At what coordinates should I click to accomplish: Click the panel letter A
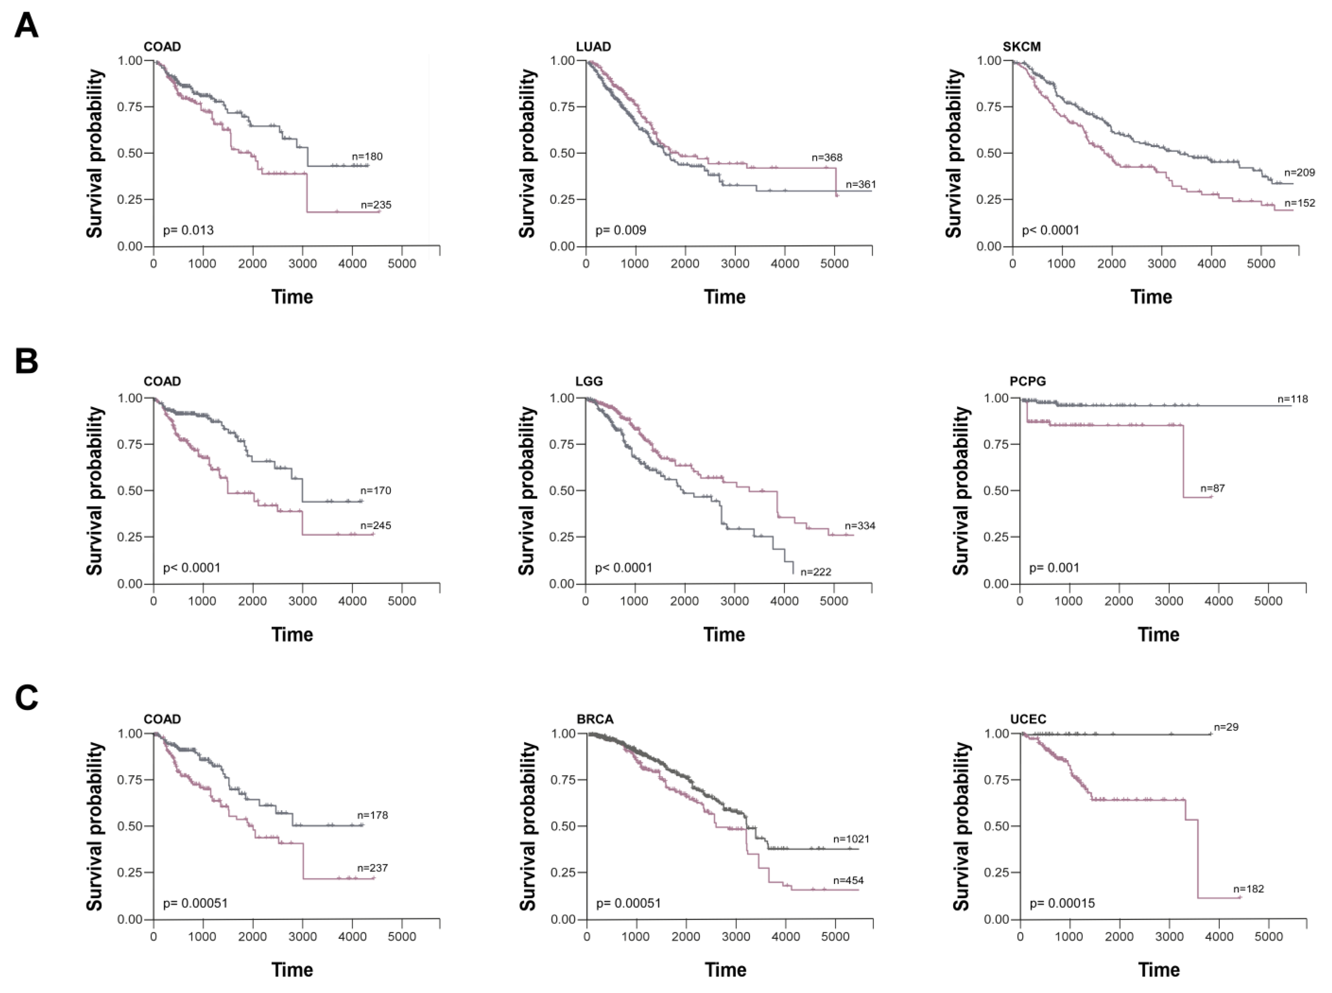(x=26, y=26)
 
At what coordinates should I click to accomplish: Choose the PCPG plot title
(x=1028, y=381)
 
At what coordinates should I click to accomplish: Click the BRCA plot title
(x=595, y=719)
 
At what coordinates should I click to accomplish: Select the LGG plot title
(x=589, y=381)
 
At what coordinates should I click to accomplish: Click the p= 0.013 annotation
(x=188, y=230)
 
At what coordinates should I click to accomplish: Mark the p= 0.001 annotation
(x=1054, y=567)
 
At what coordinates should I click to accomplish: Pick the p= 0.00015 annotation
(x=1062, y=903)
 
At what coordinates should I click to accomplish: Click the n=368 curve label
(x=827, y=157)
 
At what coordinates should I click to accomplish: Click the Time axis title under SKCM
(x=1151, y=297)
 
